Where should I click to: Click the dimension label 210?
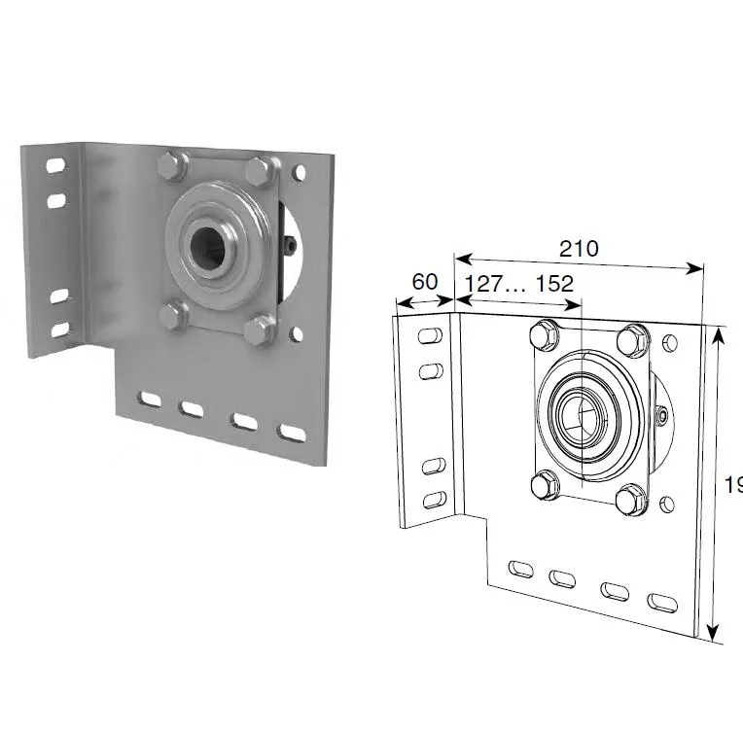pyautogui.click(x=579, y=248)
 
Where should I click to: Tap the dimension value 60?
pyautogui.click(x=424, y=282)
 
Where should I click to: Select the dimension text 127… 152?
pyautogui.click(x=519, y=283)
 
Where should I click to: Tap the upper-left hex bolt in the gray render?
pyautogui.click(x=171, y=166)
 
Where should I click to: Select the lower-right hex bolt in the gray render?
pyautogui.click(x=259, y=331)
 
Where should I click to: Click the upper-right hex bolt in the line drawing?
pyautogui.click(x=633, y=339)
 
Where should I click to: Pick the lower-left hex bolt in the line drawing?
pyautogui.click(x=545, y=484)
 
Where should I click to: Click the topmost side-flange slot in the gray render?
pyautogui.click(x=56, y=166)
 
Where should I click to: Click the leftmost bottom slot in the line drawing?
pyautogui.click(x=521, y=570)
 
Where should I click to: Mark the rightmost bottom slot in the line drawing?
pyautogui.click(x=662, y=602)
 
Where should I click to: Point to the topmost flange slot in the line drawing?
pyautogui.click(x=428, y=336)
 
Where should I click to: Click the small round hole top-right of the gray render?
pyautogui.click(x=300, y=173)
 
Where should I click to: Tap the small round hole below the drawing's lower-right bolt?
pyautogui.click(x=667, y=504)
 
